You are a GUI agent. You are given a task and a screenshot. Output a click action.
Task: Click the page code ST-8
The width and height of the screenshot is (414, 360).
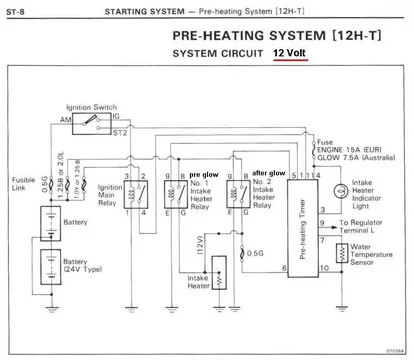18,8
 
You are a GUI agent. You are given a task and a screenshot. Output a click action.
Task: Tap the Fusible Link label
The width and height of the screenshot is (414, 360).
21,183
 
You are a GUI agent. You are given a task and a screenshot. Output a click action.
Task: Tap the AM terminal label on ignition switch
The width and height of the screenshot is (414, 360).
66,119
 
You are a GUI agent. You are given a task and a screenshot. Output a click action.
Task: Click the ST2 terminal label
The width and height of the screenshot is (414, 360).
122,131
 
